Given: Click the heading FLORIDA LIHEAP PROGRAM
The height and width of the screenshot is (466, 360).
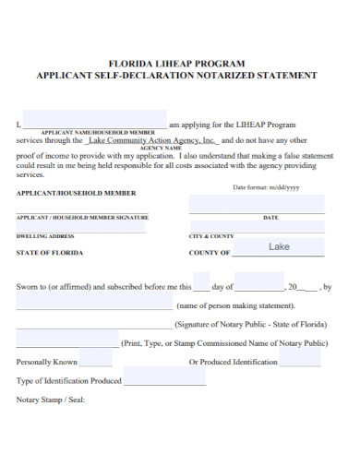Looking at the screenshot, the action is click(181, 64).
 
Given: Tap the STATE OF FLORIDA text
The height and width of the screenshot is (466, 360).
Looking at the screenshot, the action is click(50, 253).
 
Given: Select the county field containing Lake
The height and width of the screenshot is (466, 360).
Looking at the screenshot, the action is click(279, 247).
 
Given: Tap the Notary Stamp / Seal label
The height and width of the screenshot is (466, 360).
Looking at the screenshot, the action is click(50, 400).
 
